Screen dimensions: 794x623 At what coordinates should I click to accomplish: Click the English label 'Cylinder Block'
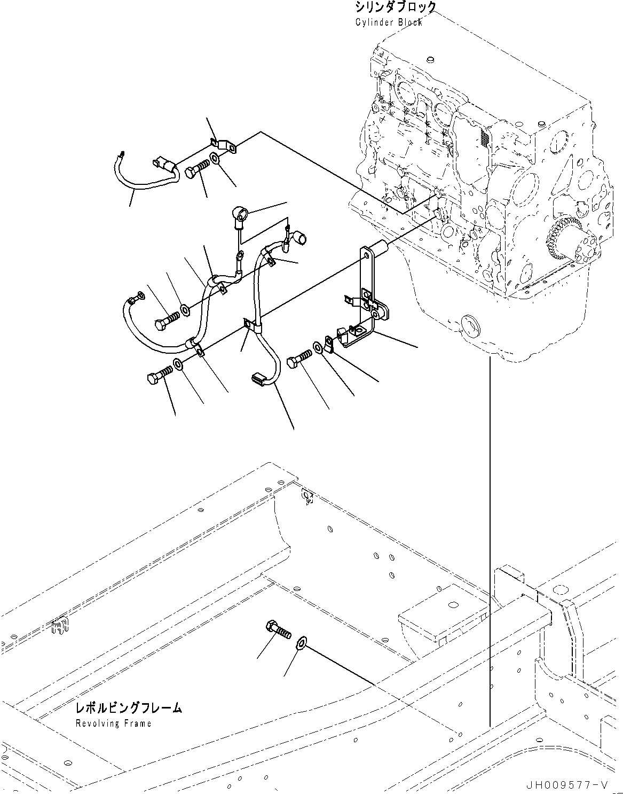coord(388,22)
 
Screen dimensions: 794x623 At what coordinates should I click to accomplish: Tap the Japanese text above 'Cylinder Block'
coord(395,7)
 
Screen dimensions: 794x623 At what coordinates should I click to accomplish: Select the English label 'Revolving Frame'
coord(113,723)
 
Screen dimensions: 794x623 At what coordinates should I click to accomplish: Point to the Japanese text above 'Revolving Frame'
coord(128,709)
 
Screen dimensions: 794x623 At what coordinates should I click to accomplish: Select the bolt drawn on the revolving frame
coord(278,629)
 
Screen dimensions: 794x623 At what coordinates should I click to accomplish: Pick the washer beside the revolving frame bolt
coord(301,641)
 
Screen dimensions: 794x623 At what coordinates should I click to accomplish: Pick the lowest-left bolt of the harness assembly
coord(159,375)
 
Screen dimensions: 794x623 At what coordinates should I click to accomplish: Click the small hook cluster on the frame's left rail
coord(60,626)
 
